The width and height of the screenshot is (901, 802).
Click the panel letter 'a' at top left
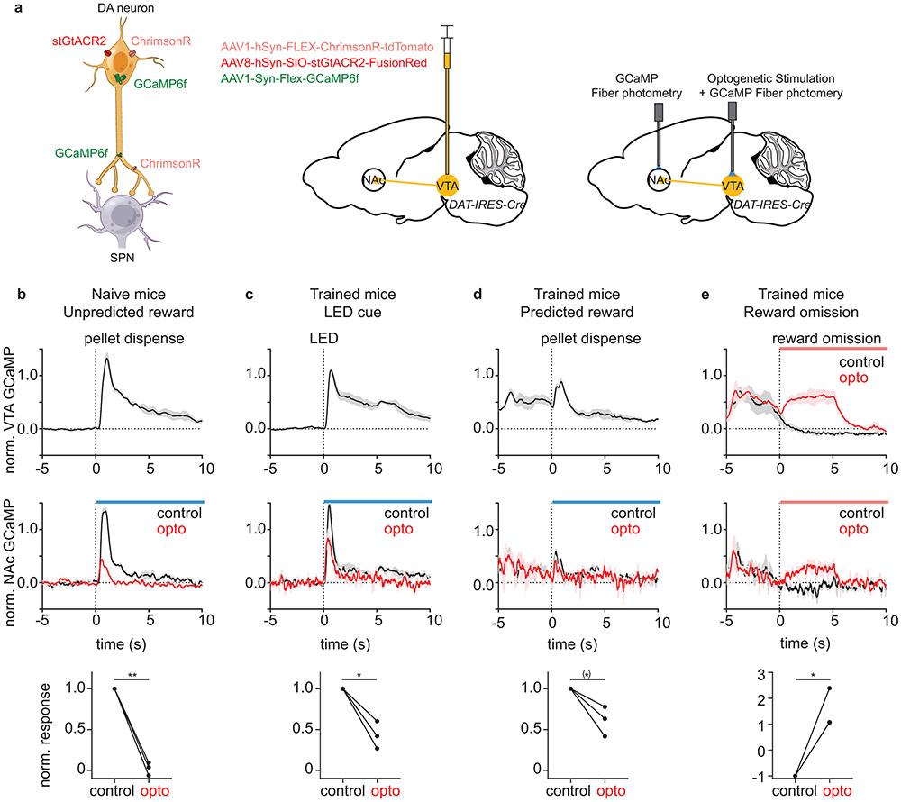(6, 8)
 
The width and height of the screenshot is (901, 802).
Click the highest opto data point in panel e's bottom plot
(829, 688)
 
